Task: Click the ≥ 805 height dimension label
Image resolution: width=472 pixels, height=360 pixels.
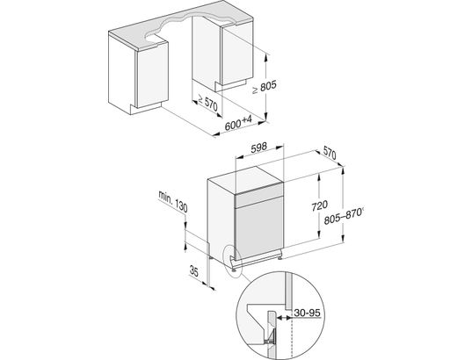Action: coord(264,87)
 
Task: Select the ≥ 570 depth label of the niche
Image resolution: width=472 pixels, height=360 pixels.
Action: coord(207,102)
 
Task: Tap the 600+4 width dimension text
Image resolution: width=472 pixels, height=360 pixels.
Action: coord(238,123)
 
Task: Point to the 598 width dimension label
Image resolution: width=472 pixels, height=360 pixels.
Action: coord(259,147)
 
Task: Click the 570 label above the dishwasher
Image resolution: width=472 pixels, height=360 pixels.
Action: coord(330,154)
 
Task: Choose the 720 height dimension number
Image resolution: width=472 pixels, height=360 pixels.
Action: coord(319,205)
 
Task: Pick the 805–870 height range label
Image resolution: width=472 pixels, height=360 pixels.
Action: coord(344,216)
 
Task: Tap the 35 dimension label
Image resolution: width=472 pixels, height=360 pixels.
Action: coord(194,271)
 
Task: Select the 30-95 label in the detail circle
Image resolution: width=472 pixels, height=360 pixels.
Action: coord(307,313)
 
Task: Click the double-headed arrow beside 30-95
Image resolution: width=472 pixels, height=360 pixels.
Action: coord(284,317)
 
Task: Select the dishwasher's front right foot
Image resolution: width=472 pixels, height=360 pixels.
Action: coord(280,257)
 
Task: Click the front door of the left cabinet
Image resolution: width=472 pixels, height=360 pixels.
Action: coord(152,76)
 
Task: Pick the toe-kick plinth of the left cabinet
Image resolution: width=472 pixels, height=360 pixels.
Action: coord(145,108)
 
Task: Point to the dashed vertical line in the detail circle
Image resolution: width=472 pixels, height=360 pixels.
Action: coord(292,334)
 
